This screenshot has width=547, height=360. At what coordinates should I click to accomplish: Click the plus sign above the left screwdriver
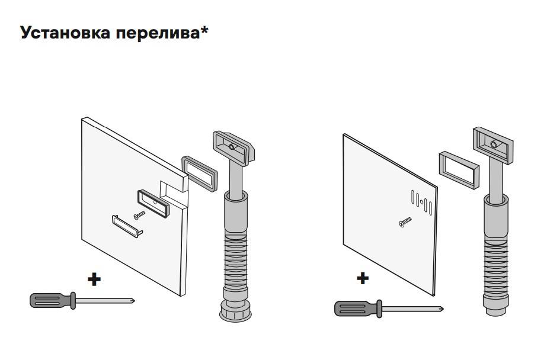click(94, 279)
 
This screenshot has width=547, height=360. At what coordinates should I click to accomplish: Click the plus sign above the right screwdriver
click(363, 277)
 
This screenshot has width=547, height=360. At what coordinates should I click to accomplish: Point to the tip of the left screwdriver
click(133, 301)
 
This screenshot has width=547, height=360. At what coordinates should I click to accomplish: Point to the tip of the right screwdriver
click(442, 308)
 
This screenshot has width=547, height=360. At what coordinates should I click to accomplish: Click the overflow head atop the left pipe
click(232, 147)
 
